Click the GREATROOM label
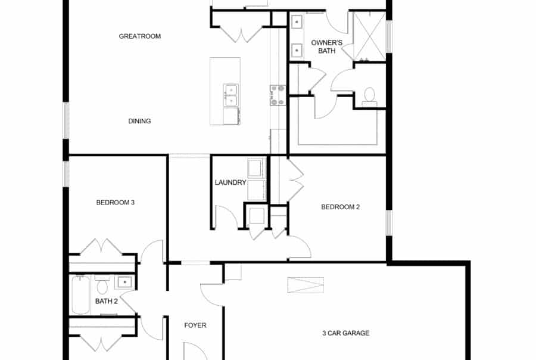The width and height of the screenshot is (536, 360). pyautogui.click(x=140, y=36)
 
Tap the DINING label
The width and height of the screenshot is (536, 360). pyautogui.click(x=139, y=121)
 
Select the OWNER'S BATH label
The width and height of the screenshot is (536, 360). pyautogui.click(x=323, y=47)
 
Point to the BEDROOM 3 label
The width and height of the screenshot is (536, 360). pyautogui.click(x=116, y=203)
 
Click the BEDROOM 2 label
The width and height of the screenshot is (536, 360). pyautogui.click(x=341, y=207)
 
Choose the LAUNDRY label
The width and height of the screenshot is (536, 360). pyautogui.click(x=230, y=182)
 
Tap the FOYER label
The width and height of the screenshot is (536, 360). pyautogui.click(x=195, y=325)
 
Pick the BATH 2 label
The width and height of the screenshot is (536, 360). pyautogui.click(x=107, y=301)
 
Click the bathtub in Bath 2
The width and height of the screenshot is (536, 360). pyautogui.click(x=81, y=294)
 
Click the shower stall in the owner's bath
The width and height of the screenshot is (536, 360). pyautogui.click(x=369, y=36)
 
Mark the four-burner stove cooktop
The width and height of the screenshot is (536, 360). pyautogui.click(x=278, y=95)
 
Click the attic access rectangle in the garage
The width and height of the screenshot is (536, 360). pyautogui.click(x=306, y=285)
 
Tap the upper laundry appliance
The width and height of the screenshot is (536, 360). pyautogui.click(x=257, y=168)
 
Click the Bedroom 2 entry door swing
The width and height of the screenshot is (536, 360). pyautogui.click(x=300, y=247)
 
